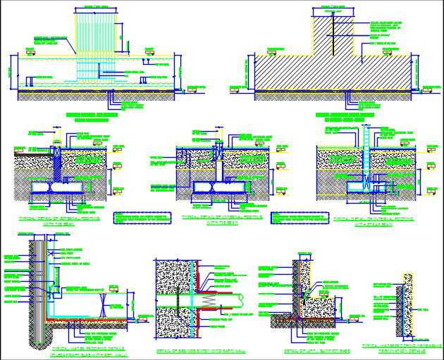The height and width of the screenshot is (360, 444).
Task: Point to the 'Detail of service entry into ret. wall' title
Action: (198, 350)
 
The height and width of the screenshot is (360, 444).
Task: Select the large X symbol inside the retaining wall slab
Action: (104, 304)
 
